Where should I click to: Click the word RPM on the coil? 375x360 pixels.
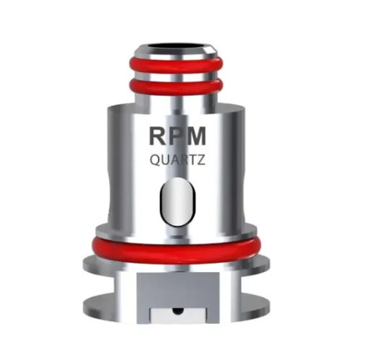[177, 136]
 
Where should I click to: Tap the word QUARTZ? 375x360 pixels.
[177, 160]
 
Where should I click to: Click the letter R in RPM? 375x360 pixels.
[158, 136]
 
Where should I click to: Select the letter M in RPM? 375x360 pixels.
[196, 136]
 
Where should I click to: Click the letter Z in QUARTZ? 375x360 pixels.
[201, 160]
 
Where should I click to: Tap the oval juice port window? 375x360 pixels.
[177, 202]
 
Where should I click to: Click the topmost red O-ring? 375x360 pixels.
[176, 66]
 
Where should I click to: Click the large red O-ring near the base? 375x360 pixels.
[176, 250]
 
